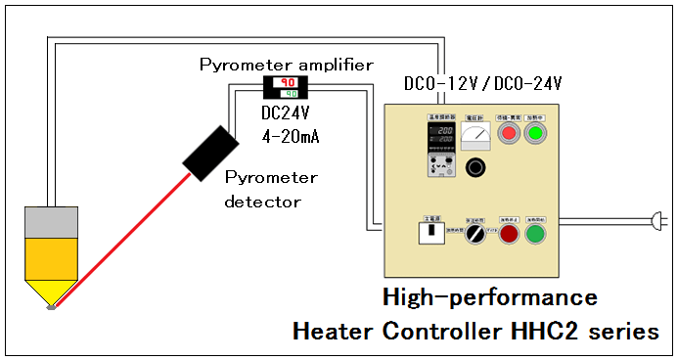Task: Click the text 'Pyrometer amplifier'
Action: point(286,65)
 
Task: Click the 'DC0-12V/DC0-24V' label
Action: point(482,84)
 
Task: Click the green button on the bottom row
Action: point(534,235)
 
